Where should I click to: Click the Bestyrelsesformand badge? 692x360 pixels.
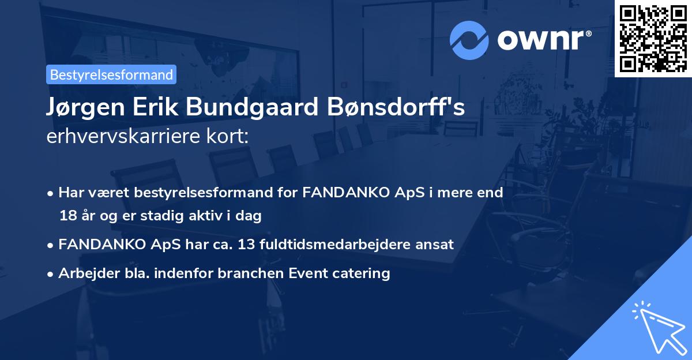tap(111, 74)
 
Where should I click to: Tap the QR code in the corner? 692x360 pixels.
tap(653, 38)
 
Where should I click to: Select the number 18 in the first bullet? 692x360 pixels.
tap(67, 216)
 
